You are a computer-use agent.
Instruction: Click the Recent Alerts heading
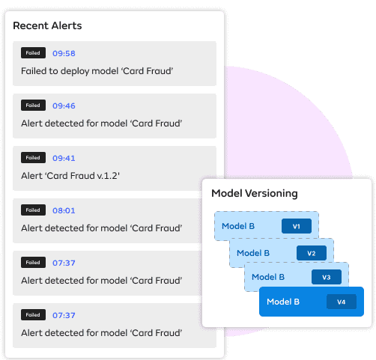47,25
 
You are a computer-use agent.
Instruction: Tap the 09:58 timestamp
64,53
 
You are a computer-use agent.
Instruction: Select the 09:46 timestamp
64,106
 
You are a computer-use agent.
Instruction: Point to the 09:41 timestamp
64,158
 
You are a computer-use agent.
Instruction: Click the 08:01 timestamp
64,210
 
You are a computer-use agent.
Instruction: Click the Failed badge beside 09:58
33,53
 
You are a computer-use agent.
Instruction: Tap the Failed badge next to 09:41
33,158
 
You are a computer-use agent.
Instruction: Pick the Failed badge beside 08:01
33,210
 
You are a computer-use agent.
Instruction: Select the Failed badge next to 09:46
33,106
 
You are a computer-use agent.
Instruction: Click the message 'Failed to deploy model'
97,71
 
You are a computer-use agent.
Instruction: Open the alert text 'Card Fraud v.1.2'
70,176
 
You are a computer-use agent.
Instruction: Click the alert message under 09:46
102,123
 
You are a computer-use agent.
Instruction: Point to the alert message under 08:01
102,228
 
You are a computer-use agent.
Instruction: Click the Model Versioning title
255,194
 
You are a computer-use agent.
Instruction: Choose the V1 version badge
297,226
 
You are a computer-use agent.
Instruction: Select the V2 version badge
312,253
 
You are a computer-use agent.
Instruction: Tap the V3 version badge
327,277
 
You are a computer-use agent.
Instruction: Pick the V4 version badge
342,302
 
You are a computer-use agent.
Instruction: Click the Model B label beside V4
283,302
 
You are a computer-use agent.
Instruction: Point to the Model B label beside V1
238,226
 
